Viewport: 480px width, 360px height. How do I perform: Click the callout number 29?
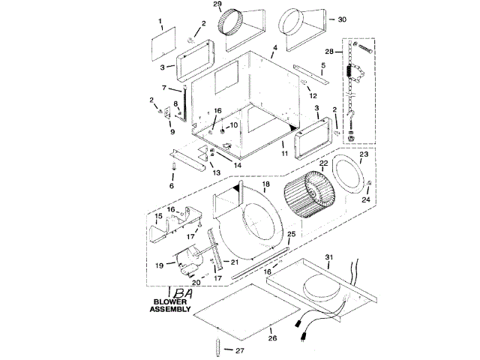[x=217, y=4]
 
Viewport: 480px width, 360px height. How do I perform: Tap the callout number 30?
[x=342, y=19]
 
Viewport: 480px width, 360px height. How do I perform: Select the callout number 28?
[x=329, y=52]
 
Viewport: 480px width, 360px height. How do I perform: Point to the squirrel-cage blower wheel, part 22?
[x=309, y=195]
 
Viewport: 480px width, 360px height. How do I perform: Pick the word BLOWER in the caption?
[x=170, y=301]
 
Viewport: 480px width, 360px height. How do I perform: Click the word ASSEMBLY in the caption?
[x=170, y=309]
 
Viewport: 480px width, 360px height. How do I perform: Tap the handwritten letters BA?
[x=183, y=293]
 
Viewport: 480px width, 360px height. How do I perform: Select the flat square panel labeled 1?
[x=163, y=44]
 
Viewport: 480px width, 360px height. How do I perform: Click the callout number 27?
[x=240, y=350]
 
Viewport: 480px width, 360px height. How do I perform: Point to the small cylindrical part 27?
[x=218, y=346]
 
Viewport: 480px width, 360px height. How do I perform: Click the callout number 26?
[x=272, y=338]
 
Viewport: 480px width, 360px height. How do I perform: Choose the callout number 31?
[x=328, y=257]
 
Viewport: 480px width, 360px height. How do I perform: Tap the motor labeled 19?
[x=189, y=261]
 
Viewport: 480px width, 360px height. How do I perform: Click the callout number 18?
[x=266, y=184]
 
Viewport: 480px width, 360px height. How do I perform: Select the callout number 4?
[x=275, y=48]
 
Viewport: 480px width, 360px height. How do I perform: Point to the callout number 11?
[x=285, y=153]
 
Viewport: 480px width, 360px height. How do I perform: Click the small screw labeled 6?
[x=174, y=166]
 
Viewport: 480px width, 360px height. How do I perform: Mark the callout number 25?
[x=292, y=234]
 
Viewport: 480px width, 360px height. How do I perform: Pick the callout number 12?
[x=313, y=96]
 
